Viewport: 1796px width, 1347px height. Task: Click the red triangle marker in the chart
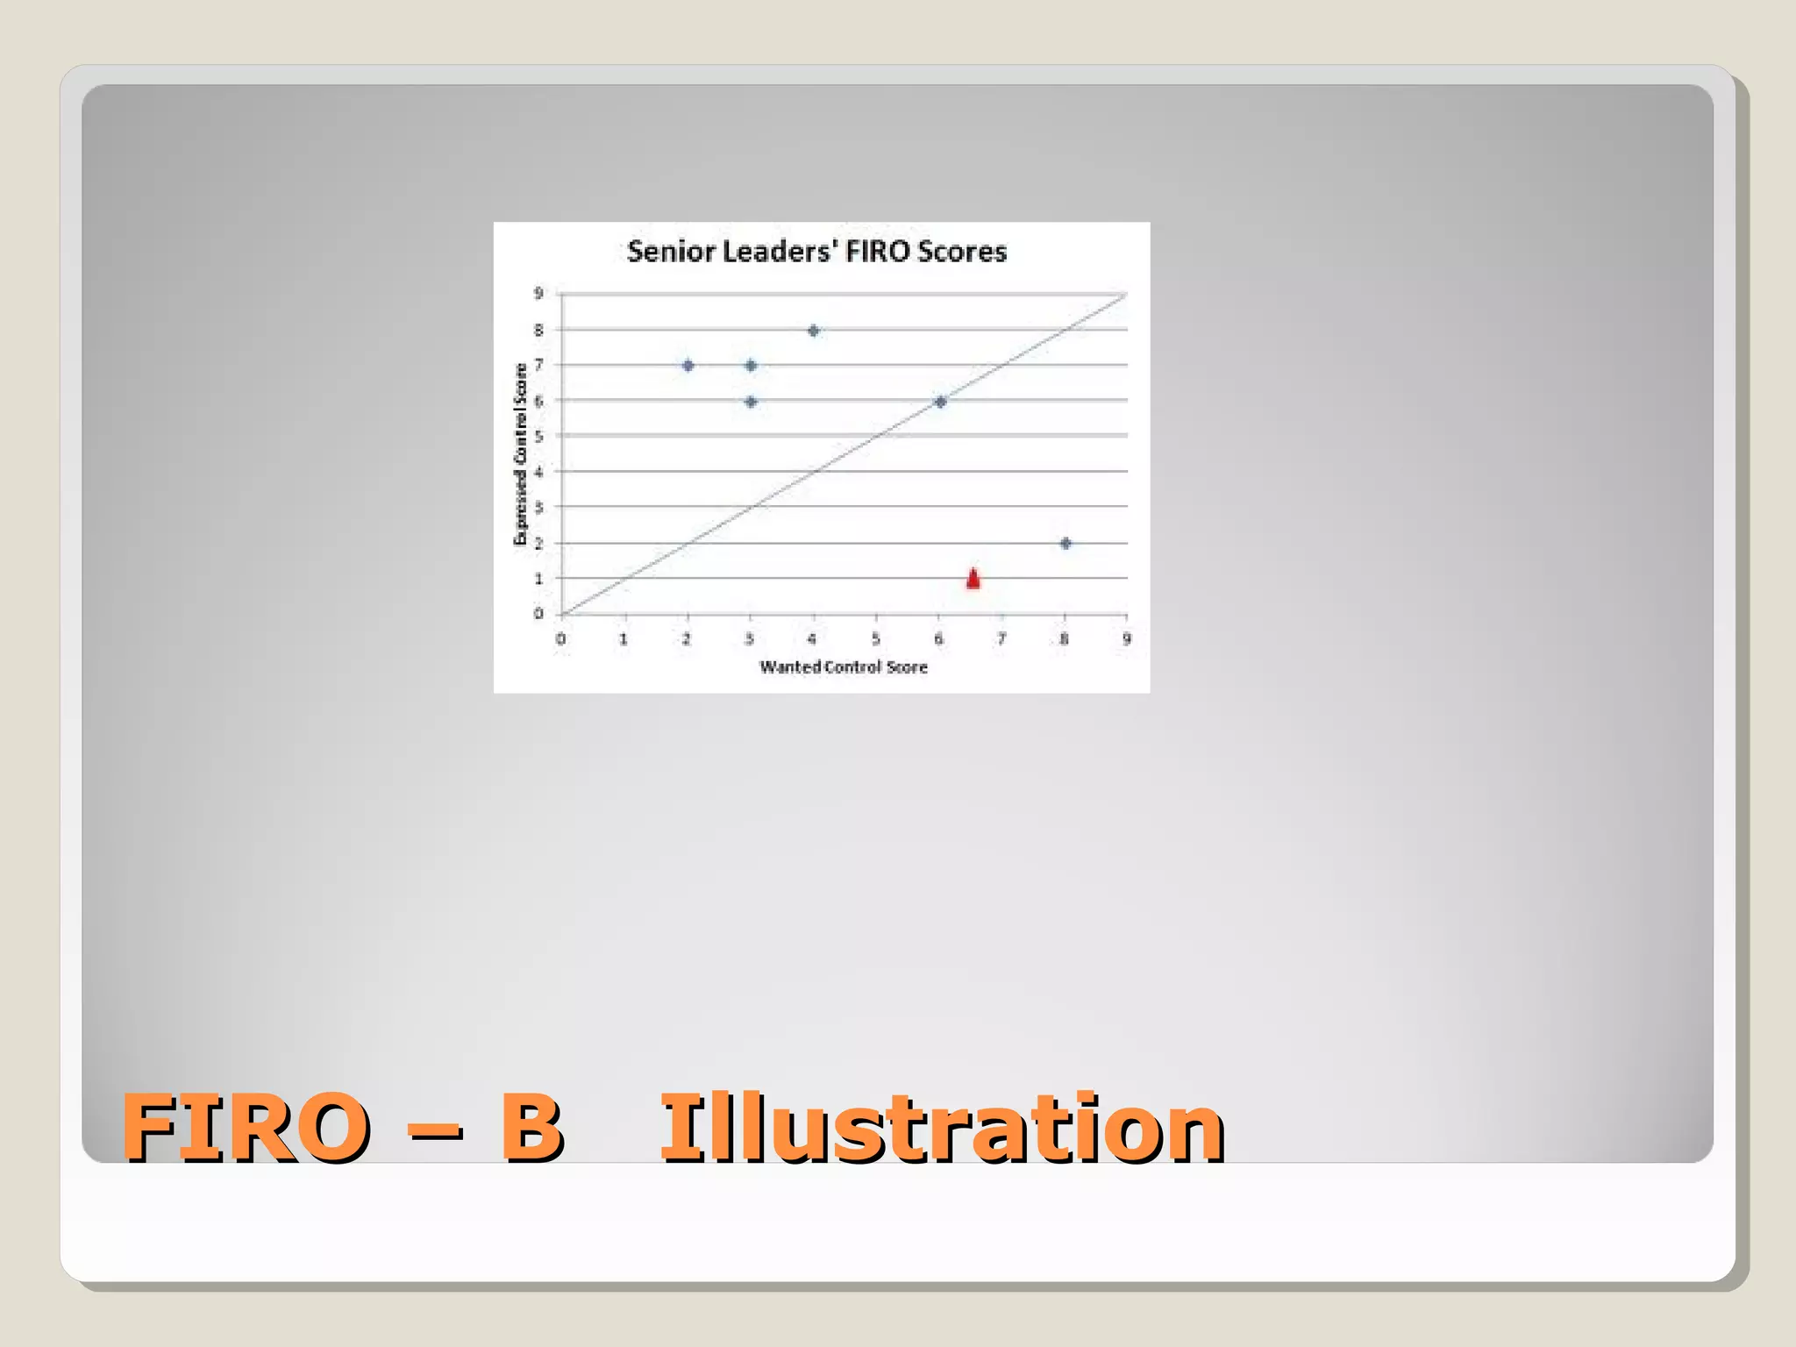[x=973, y=579]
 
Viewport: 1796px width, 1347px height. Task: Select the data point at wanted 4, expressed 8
[x=814, y=331]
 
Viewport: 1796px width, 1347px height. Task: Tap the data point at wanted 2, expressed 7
[x=688, y=365]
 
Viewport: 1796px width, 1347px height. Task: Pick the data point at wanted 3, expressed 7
[x=751, y=365]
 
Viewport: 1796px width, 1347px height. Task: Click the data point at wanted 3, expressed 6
[x=751, y=402]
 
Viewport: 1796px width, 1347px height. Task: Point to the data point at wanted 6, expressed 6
[x=940, y=402]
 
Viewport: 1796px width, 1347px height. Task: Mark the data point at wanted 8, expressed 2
[x=1065, y=544]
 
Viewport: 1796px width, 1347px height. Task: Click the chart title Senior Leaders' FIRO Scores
[x=816, y=252]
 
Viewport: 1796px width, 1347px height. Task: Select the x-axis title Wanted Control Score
[x=844, y=667]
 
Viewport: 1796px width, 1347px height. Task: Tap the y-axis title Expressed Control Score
[x=521, y=454]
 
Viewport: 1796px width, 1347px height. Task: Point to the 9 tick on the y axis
[x=538, y=293]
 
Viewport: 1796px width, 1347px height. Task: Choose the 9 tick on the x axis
[x=1127, y=639]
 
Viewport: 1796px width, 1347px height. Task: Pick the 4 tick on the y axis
[x=538, y=472]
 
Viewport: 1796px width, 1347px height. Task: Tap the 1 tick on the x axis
[x=624, y=639]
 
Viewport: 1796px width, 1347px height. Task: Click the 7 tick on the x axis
[x=1001, y=639]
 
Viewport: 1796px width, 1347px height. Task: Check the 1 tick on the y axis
[x=538, y=579]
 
